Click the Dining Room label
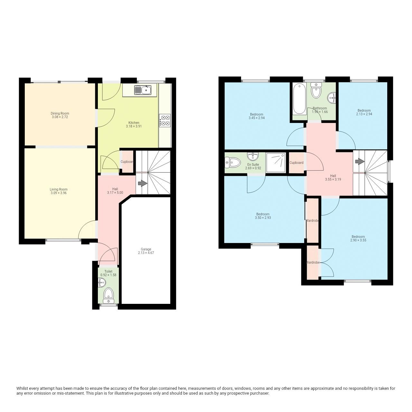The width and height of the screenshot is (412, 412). click(x=60, y=113)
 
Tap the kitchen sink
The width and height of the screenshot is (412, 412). click(x=143, y=90)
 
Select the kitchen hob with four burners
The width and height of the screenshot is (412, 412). click(x=165, y=120)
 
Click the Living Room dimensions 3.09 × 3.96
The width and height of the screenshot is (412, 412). click(x=59, y=193)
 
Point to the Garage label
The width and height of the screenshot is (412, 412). click(x=146, y=249)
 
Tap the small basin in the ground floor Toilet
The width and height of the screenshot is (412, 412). click(x=101, y=283)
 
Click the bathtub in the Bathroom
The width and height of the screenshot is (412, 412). click(x=300, y=99)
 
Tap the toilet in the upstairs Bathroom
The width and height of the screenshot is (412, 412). click(x=316, y=91)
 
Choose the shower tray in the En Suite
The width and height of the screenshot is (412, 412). click(x=276, y=163)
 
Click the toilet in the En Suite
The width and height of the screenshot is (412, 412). click(x=232, y=163)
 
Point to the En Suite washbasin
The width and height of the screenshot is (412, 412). click(x=253, y=157)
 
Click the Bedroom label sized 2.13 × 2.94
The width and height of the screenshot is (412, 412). click(x=364, y=110)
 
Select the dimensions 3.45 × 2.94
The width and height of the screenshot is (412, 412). click(x=257, y=118)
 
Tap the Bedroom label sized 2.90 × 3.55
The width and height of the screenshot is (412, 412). click(x=358, y=237)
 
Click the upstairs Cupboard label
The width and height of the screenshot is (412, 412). click(x=296, y=163)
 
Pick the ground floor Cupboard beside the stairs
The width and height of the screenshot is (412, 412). click(x=127, y=162)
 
